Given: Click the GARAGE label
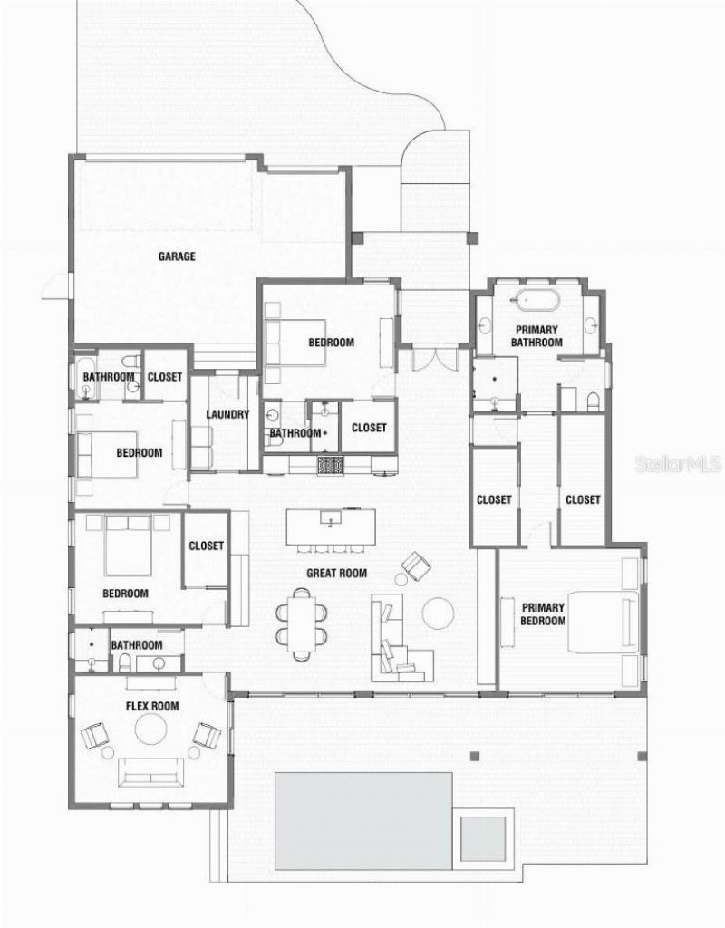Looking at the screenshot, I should [177, 256].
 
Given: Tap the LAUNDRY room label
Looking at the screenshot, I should [227, 414].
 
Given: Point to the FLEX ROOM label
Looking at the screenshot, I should [151, 706].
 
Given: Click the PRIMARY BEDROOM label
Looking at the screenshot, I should [544, 614].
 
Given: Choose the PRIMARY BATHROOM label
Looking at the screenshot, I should [536, 336].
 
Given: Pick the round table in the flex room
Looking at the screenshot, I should [150, 730].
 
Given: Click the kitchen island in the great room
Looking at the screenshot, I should [332, 527].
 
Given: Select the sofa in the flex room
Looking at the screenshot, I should [151, 773].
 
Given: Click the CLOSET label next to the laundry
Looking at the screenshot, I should [165, 377].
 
